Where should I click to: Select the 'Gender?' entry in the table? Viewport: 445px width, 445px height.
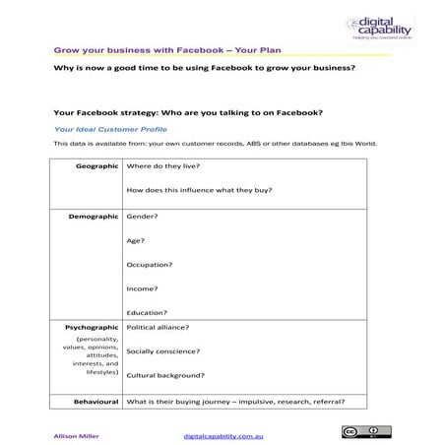(x=142, y=215)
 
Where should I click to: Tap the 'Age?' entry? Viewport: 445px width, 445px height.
(x=136, y=239)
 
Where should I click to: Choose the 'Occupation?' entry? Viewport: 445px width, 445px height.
(x=150, y=264)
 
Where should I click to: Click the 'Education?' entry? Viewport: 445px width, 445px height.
(x=147, y=312)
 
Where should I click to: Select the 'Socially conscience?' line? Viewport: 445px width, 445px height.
(x=163, y=350)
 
